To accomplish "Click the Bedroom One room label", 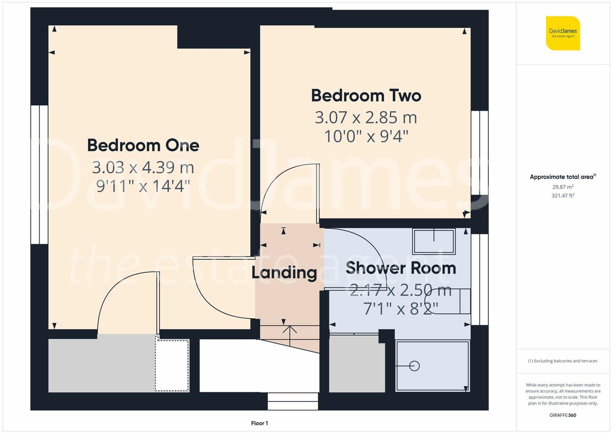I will tap(143, 145).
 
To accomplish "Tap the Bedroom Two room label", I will tap(366, 96).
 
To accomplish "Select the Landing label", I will tap(284, 272).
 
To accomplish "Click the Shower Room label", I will tap(401, 268).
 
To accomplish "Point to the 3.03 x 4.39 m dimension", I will tap(143, 167).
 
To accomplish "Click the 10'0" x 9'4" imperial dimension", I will tap(366, 136).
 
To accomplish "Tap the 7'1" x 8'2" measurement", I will tap(401, 309).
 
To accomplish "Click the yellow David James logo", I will tap(563, 33).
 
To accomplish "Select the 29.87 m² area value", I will tap(563, 187).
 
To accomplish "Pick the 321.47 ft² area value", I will tap(563, 196).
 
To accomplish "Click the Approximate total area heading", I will tap(562, 177).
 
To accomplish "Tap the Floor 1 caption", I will tap(259, 423).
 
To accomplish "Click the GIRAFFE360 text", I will tap(562, 415).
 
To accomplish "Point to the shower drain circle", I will tap(414, 366).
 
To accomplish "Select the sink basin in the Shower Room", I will tap(434, 241).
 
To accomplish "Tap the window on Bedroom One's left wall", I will tap(39, 174).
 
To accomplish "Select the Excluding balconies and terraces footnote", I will tap(562, 361).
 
